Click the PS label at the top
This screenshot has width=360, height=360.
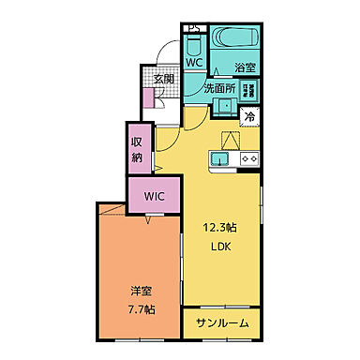point(193,27)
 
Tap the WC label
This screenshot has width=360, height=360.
point(193,63)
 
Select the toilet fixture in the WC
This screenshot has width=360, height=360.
point(192,44)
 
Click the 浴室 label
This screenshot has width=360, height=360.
point(246,67)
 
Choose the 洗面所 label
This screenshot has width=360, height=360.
point(219,89)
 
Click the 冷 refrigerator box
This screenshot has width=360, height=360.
point(251,116)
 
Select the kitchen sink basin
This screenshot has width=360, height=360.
point(221,159)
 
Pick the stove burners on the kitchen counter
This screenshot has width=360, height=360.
point(250,159)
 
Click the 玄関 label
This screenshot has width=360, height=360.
point(164,80)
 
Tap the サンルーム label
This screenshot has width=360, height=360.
point(222,322)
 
